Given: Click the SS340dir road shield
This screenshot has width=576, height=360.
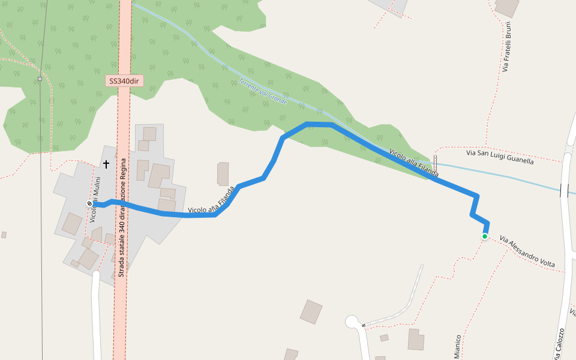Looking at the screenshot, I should click(125, 80).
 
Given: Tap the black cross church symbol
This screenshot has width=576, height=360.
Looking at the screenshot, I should click(107, 164).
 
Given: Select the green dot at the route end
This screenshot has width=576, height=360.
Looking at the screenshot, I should click(484, 236).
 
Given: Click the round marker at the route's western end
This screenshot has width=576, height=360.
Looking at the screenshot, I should click(89, 204).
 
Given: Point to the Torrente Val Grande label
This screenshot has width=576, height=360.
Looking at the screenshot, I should click(263, 92).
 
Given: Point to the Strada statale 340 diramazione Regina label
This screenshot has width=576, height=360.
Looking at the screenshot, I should click(122, 217).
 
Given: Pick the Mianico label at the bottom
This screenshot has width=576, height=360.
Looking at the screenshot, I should click(458, 347).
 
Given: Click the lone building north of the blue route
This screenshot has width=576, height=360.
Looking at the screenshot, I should click(223, 173).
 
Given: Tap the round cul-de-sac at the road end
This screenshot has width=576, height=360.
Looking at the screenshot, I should click(352, 322).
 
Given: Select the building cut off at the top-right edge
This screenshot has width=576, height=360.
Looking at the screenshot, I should click(507, 7).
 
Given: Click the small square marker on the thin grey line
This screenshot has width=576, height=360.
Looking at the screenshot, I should click(40, 79).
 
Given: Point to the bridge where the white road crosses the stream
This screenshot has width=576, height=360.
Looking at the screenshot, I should click(564, 190).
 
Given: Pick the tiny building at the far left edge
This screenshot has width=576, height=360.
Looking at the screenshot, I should click(4, 235).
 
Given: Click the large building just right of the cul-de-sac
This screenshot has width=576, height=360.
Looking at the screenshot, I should click(416, 339).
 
